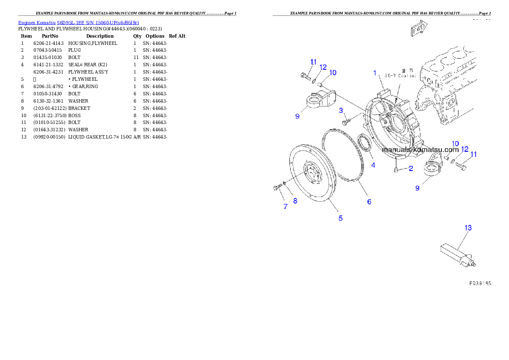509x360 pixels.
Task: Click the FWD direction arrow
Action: (418, 29)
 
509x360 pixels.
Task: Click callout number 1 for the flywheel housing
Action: (375, 73)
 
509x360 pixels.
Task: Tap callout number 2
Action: (411, 168)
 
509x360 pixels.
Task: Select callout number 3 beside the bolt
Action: (341, 111)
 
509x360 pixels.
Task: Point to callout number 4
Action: (373, 165)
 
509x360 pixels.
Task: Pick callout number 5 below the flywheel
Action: (340, 218)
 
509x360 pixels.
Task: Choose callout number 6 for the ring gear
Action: (369, 201)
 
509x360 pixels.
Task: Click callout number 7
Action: (285, 207)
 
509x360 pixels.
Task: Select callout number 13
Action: (468, 228)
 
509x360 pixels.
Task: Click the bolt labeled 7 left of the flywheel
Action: (278, 187)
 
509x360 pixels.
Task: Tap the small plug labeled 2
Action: (396, 171)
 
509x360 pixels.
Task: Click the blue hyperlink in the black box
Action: (78, 22)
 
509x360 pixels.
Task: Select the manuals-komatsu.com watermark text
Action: (420, 150)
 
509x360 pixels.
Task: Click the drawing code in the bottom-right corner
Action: (480, 283)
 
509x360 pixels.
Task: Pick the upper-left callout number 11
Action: (313, 62)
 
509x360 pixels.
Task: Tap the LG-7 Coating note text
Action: (401, 76)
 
